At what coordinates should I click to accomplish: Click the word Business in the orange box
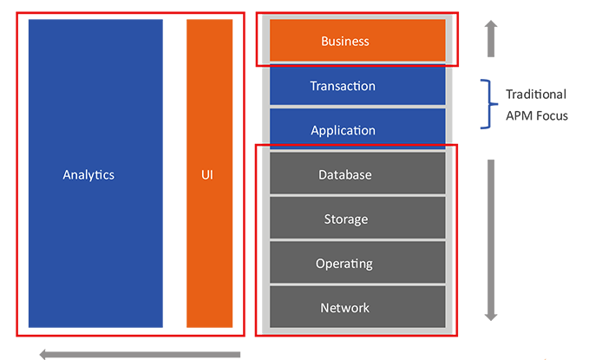tap(344, 41)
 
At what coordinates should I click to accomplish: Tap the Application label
tap(343, 131)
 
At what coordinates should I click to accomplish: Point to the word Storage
tap(344, 219)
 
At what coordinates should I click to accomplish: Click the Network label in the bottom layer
tap(344, 308)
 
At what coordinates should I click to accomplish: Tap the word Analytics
tap(88, 174)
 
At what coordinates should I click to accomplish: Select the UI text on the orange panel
tap(206, 174)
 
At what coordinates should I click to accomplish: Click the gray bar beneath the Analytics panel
tap(139, 352)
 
